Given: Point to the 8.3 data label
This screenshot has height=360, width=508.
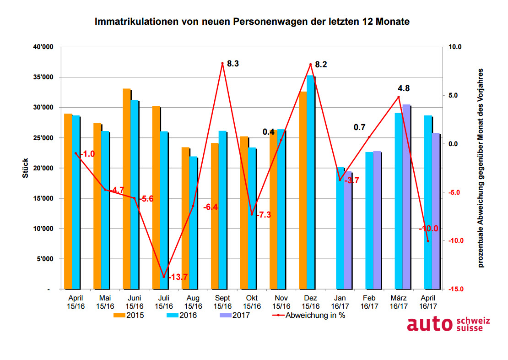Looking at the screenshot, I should click(x=233, y=64).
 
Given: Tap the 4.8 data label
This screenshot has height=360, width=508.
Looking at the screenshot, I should click(x=404, y=88).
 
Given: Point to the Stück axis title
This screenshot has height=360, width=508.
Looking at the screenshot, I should click(x=27, y=168).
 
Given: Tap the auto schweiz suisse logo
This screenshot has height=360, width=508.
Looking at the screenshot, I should click(x=448, y=324).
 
